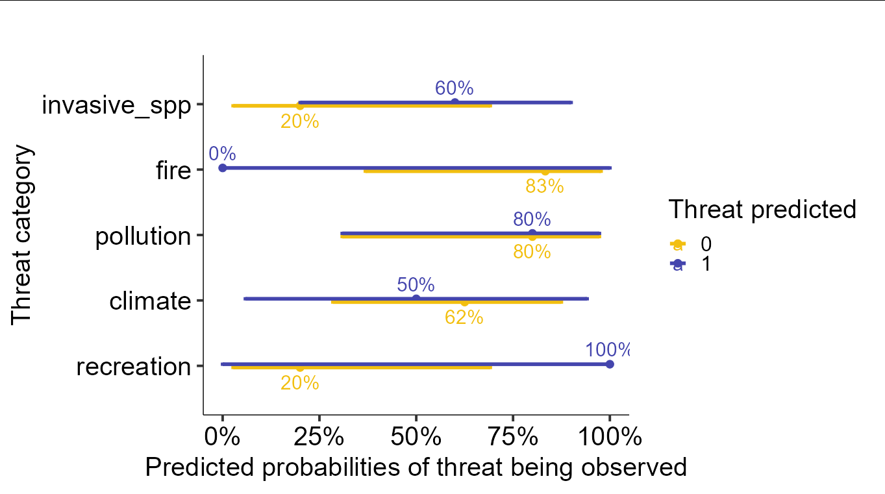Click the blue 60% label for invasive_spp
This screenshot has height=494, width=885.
tap(454, 88)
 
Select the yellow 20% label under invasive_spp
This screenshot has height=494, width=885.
tap(299, 121)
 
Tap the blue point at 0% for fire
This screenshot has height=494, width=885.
tap(223, 167)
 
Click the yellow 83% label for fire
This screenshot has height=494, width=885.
tap(544, 187)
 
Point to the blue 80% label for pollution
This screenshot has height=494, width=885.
tap(532, 219)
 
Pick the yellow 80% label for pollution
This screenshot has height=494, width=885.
tap(532, 252)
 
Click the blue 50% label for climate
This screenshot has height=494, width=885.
tap(416, 284)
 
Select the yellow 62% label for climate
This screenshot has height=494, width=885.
tap(464, 317)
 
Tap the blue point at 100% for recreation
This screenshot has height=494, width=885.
tap(610, 364)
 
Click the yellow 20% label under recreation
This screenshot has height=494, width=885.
tap(299, 383)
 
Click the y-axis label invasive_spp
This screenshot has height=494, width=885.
tap(117, 105)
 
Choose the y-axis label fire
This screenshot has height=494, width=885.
tap(174, 171)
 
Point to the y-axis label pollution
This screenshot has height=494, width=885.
tap(143, 236)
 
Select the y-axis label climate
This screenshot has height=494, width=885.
tap(151, 302)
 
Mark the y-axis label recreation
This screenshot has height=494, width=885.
tap(134, 367)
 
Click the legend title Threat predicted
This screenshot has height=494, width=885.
tap(762, 209)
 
